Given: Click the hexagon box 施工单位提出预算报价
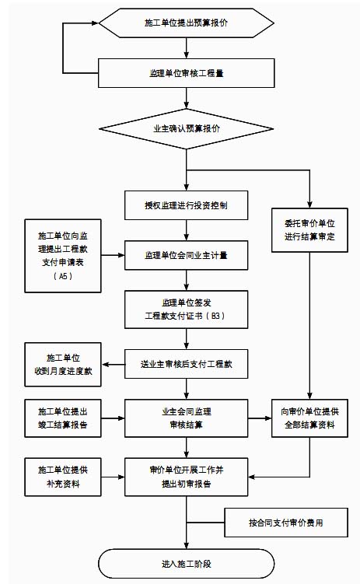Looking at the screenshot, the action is coord(186,23).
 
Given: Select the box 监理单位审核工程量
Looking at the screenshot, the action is coord(186,73).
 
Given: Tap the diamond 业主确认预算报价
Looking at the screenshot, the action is coord(186,129).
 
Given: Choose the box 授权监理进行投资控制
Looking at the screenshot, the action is coord(186,205).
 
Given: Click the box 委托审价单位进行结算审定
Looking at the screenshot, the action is coord(309,230).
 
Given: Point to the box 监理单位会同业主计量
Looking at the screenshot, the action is coord(186,255).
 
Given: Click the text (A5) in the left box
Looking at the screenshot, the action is coord(63,276).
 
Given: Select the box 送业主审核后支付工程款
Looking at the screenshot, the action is coord(186,364).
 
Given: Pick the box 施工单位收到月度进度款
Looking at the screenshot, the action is coord(63,364).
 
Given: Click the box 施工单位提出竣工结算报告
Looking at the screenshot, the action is coord(63,418).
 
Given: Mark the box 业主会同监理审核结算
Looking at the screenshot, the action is coord(186,418).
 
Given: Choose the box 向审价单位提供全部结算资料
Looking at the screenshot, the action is coord(309,418).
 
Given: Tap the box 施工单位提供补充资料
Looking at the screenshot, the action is coord(63,477).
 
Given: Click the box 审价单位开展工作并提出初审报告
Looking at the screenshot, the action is coord(186,477).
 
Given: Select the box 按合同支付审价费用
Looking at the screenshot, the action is coord(286,523).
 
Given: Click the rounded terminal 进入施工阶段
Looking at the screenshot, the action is coord(186,564).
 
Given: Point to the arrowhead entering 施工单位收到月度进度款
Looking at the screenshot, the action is coord(106,364).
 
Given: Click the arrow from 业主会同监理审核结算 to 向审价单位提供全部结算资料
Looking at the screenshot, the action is coord(260,418).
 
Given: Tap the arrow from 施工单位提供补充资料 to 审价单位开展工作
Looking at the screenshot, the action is coord(113,477).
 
